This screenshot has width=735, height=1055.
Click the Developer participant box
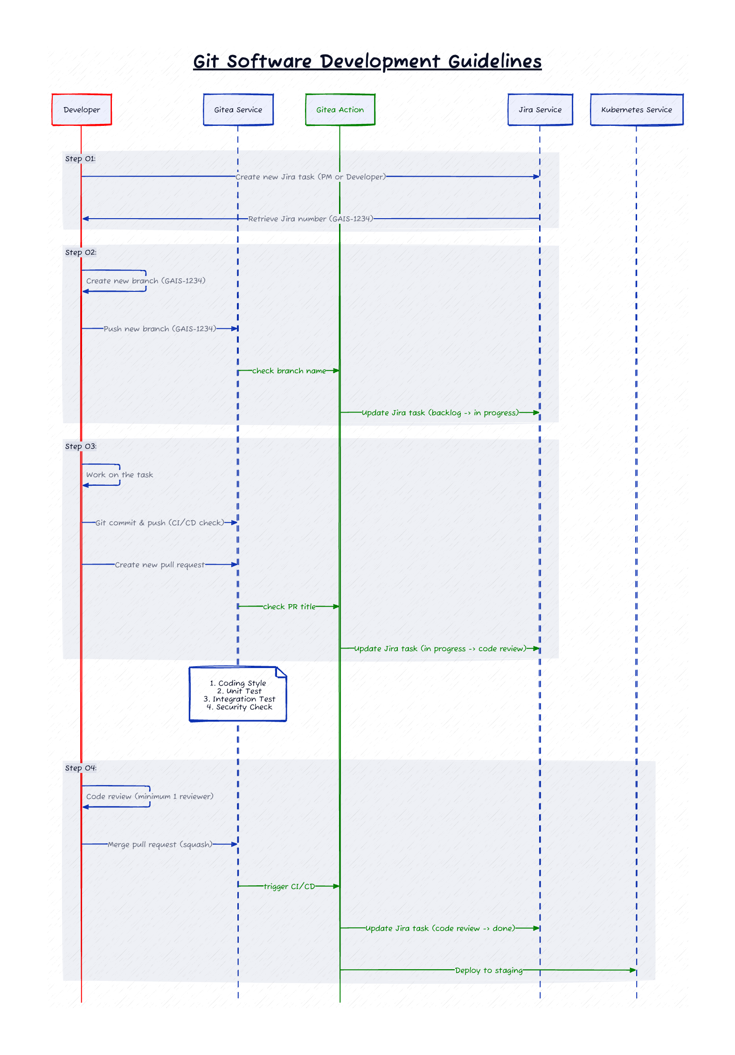pyautogui.click(x=82, y=110)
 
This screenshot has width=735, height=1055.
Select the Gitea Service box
pyautogui.click(x=238, y=110)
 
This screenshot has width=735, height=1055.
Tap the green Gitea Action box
pyautogui.click(x=340, y=110)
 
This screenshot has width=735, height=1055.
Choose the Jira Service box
pyautogui.click(x=540, y=110)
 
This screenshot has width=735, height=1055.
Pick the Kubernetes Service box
pyautogui.click(x=637, y=110)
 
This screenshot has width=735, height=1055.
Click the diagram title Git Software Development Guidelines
pyautogui.click(x=367, y=61)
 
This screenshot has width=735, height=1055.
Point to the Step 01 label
pyautogui.click(x=80, y=159)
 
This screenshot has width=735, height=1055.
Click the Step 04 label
pyautogui.click(x=81, y=768)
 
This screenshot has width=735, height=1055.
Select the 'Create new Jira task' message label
pyautogui.click(x=311, y=177)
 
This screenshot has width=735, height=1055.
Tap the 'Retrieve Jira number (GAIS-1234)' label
pyautogui.click(x=311, y=219)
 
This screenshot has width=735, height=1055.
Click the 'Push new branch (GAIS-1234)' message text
pyautogui.click(x=159, y=329)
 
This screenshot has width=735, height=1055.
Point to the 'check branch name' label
pyautogui.click(x=289, y=371)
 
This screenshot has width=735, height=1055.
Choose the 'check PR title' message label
pyautogui.click(x=289, y=607)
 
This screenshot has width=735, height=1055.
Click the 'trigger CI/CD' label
pyautogui.click(x=289, y=886)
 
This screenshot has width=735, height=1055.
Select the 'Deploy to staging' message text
pyautogui.click(x=489, y=970)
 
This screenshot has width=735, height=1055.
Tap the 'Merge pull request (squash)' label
pyautogui.click(x=160, y=844)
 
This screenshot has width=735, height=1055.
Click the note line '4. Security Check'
pyautogui.click(x=239, y=707)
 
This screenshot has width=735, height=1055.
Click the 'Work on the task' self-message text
pyautogui.click(x=119, y=475)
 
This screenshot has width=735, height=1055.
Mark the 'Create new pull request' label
pyautogui.click(x=159, y=565)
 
